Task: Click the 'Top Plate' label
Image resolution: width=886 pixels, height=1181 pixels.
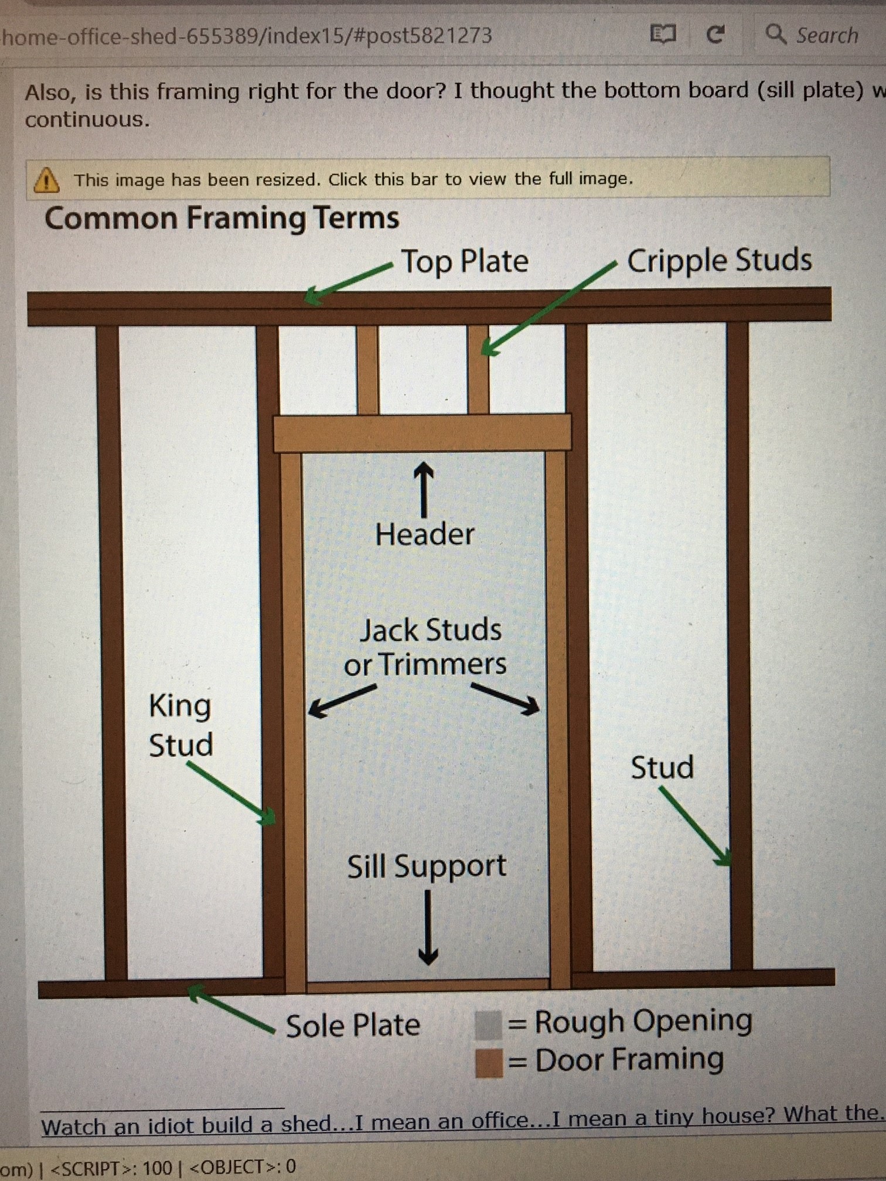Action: [464, 261]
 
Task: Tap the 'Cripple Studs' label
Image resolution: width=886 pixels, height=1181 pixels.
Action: [719, 260]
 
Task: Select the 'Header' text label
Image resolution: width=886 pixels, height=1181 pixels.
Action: [425, 534]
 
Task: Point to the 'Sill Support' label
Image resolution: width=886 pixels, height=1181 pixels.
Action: [427, 866]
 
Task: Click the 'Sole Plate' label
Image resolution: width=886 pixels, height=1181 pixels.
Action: [353, 1026]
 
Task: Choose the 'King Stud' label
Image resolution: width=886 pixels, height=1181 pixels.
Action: [180, 725]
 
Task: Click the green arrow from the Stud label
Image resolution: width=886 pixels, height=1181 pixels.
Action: [696, 826]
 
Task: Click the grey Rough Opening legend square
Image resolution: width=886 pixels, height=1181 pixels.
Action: [488, 1025]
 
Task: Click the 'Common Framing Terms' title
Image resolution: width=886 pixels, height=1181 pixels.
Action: [221, 219]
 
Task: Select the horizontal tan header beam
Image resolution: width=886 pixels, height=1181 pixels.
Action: [422, 434]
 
